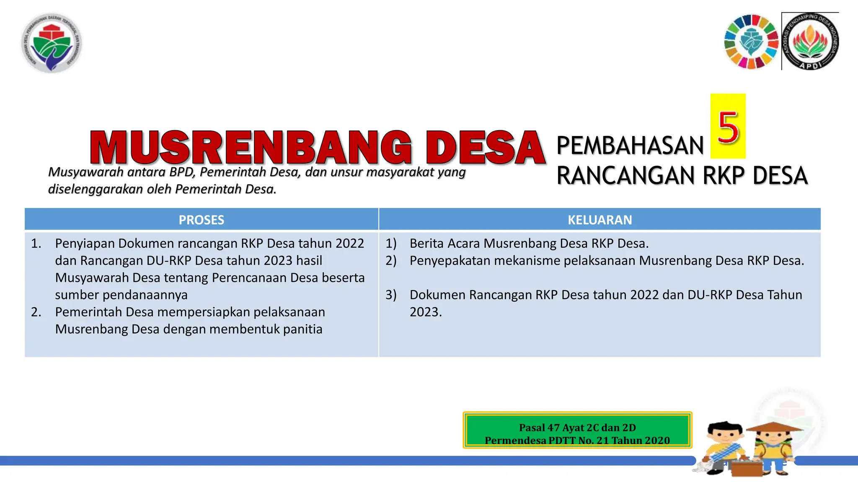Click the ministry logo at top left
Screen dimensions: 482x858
(x=52, y=43)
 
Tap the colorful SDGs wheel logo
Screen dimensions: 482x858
(x=751, y=42)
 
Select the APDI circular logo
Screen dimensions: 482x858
(x=811, y=42)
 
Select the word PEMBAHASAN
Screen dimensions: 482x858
(x=630, y=146)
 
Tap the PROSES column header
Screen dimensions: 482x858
(x=202, y=220)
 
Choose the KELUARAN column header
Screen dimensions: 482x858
(x=600, y=220)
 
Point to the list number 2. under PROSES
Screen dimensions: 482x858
(x=36, y=312)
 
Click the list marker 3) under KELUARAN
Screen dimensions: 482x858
(x=391, y=295)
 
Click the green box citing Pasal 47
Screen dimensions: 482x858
(x=577, y=431)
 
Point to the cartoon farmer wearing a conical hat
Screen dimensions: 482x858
(x=773, y=448)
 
